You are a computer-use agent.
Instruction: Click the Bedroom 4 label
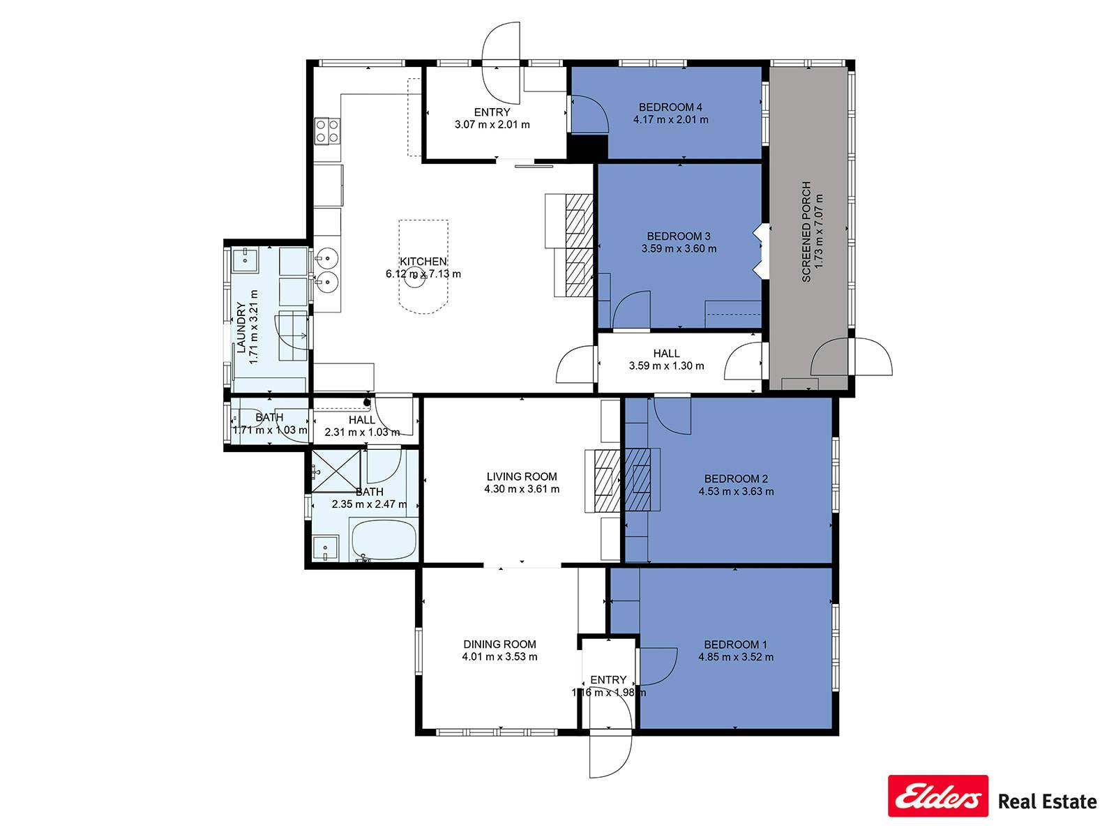(x=670, y=107)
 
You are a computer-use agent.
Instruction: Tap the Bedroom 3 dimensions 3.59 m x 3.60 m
(x=679, y=248)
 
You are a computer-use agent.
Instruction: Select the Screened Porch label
(x=806, y=232)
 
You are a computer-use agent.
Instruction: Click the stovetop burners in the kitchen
(x=327, y=130)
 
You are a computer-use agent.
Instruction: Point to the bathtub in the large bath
(x=384, y=540)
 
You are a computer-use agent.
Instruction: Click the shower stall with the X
(x=336, y=471)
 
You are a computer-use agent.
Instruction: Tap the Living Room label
(x=522, y=476)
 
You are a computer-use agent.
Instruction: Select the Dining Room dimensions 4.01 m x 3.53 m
(x=499, y=656)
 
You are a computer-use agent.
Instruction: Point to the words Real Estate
(x=1048, y=801)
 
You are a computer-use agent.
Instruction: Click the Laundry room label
(x=241, y=327)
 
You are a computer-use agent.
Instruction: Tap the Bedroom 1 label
(x=735, y=644)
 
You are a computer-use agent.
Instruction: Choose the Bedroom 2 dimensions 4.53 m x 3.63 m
(x=736, y=492)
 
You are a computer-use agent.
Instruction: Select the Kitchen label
(x=423, y=261)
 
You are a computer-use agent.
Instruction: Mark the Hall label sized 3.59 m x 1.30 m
(x=667, y=353)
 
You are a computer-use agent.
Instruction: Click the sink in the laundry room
(x=246, y=260)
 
